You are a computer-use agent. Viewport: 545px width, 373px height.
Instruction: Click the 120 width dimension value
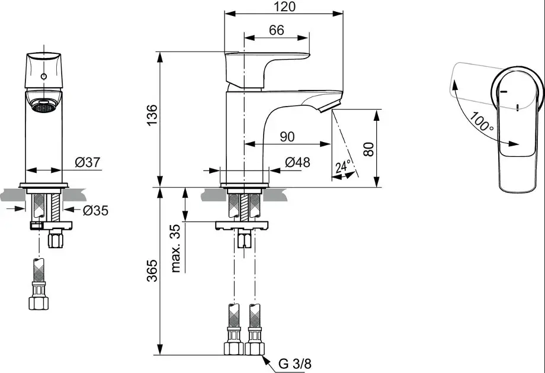285,7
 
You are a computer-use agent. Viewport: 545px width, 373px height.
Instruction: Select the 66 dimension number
277,30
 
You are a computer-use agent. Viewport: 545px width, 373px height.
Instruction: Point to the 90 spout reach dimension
287,136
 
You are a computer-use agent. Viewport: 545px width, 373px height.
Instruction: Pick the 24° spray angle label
343,166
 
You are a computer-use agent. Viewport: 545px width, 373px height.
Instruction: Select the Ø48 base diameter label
297,163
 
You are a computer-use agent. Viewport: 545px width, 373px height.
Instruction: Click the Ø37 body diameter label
87,162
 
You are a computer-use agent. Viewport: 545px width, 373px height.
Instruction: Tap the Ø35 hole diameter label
95,210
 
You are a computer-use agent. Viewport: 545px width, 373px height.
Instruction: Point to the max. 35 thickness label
176,247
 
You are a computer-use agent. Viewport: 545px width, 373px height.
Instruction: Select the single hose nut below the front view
40,301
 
